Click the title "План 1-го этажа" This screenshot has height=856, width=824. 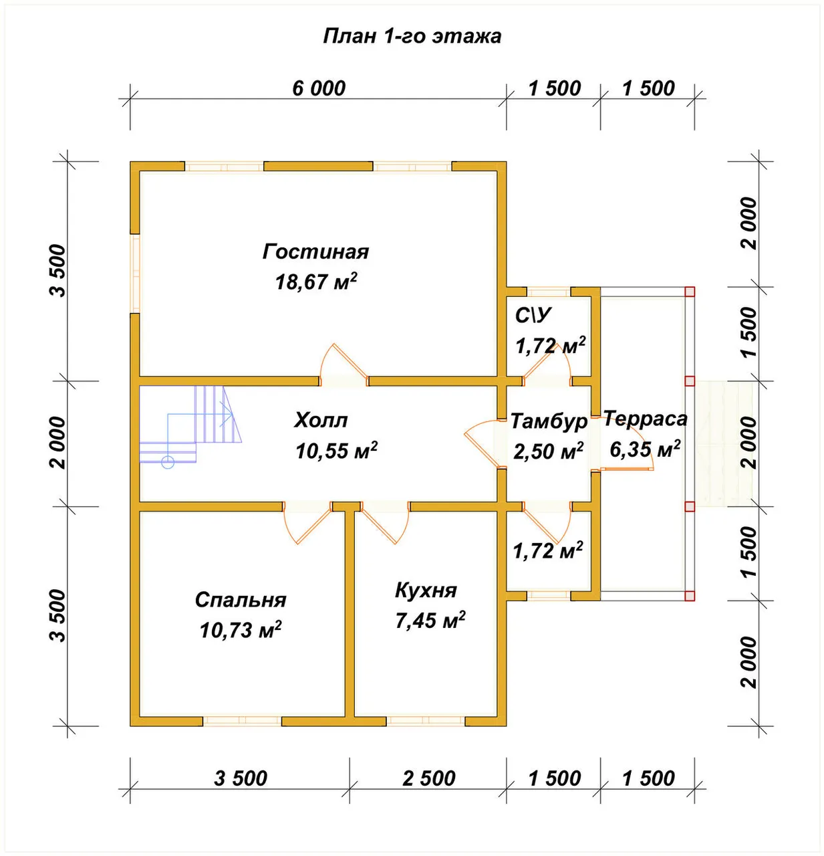tap(412, 36)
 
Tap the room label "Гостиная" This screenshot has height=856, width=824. tap(315, 251)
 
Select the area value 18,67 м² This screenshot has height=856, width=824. tap(316, 281)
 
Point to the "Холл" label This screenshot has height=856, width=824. tap(321, 420)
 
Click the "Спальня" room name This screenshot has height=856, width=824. tap(241, 600)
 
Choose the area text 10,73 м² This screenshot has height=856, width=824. tap(241, 630)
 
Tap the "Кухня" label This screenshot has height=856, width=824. tap(426, 591)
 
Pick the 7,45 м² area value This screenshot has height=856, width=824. tap(430, 620)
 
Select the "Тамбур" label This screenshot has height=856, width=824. tap(549, 421)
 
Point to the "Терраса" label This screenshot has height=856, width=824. tap(646, 419)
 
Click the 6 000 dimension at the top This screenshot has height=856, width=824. tap(319, 88)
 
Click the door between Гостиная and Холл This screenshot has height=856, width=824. tap(344, 364)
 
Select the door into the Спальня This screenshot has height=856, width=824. tap(307, 522)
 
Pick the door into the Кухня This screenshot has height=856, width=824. tap(385, 522)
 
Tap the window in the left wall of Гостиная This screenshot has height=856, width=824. tap(135, 274)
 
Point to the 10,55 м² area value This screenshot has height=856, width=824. tap(336, 451)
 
